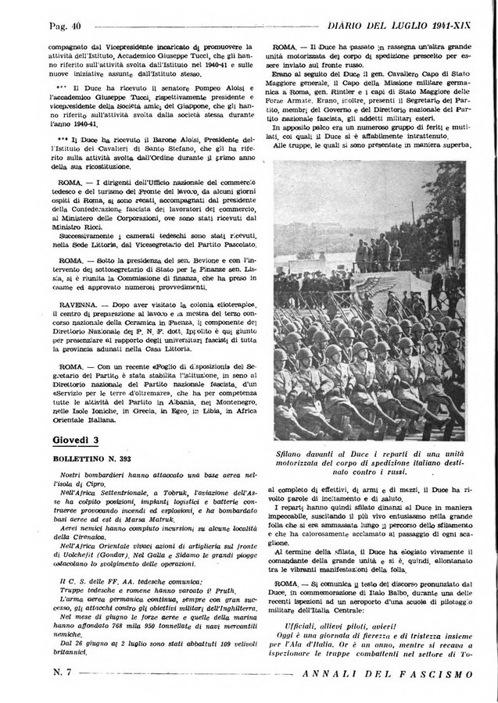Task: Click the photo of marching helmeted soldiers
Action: pos(369,301)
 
